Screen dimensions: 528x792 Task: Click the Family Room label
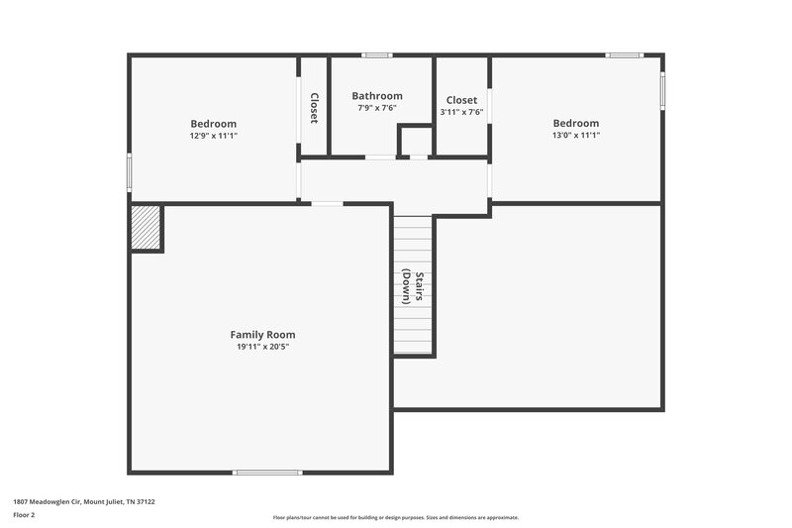click(262, 335)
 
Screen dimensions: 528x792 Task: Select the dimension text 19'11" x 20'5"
click(262, 347)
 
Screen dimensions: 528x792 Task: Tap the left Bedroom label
click(213, 124)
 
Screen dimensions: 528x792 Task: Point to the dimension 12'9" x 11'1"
click(213, 136)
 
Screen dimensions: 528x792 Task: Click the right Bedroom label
click(575, 123)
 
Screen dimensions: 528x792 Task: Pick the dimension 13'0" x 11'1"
click(575, 135)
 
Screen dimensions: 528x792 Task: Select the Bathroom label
click(377, 96)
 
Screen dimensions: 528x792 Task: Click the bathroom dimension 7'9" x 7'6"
click(377, 108)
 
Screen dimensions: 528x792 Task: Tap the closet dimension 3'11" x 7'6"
click(461, 112)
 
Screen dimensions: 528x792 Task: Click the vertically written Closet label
click(314, 108)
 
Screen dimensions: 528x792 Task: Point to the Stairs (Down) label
click(413, 287)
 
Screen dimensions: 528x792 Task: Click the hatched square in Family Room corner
click(147, 228)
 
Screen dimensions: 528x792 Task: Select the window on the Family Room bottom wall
click(267, 473)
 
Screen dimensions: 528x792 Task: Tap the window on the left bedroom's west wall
click(129, 171)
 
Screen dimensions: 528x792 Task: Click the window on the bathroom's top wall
click(376, 54)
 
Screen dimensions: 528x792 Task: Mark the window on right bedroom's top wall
click(625, 54)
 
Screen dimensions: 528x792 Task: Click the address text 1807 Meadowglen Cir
click(84, 501)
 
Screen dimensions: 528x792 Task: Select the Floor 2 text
click(24, 515)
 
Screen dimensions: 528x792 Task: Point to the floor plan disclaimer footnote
click(395, 517)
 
